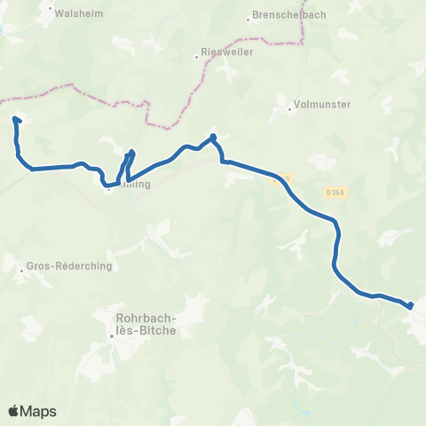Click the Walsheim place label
(x=76, y=13)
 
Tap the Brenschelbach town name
(x=282, y=18)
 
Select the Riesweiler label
(x=228, y=52)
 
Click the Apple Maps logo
(x=32, y=411)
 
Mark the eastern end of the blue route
(x=411, y=306)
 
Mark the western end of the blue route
(x=15, y=118)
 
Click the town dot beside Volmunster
(x=290, y=110)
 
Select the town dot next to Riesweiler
(x=197, y=59)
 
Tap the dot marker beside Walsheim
(x=49, y=13)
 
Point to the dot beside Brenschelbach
(x=248, y=18)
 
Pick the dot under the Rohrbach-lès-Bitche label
(x=113, y=336)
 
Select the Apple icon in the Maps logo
(x=14, y=411)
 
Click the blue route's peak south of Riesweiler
(x=213, y=137)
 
